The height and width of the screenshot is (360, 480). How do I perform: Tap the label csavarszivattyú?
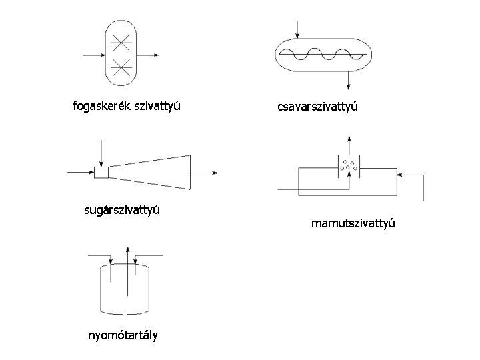tap(317, 107)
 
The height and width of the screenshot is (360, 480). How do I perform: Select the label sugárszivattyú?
tap(123, 211)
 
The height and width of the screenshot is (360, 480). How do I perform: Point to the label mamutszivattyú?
tap(353, 223)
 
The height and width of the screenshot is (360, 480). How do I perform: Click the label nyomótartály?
tap(123, 335)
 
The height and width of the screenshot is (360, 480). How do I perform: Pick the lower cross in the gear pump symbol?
tap(121, 66)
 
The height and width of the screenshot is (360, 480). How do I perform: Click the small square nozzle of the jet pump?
tap(101, 173)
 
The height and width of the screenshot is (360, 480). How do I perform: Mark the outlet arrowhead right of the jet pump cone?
tap(215, 173)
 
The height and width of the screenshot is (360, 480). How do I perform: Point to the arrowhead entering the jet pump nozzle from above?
tap(101, 162)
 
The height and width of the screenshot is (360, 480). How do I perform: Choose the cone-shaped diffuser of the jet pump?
tap(150, 173)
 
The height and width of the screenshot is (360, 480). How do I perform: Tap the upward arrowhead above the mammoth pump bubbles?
tap(348, 140)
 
